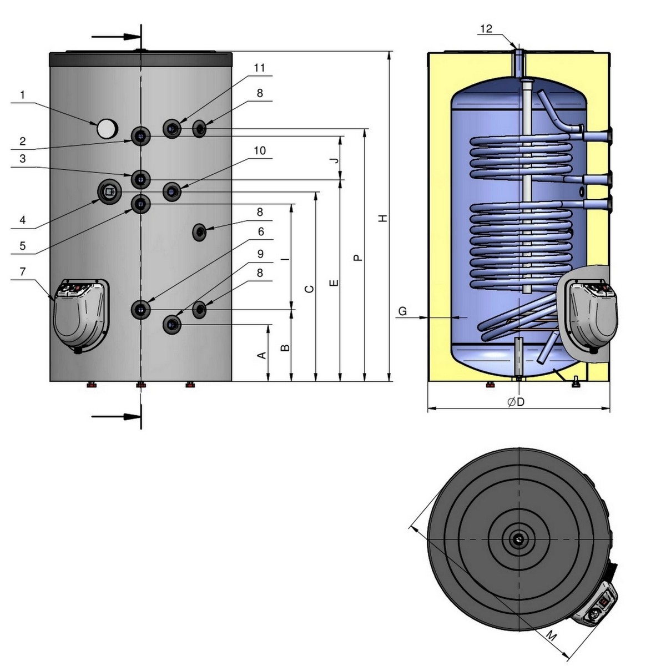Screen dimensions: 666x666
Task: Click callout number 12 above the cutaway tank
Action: click(486, 29)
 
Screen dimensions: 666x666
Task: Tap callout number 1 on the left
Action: click(22, 95)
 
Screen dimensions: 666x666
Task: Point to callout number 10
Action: click(260, 151)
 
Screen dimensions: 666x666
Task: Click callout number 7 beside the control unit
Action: click(22, 273)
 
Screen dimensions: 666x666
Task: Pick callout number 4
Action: click(22, 220)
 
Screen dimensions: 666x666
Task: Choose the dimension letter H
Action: click(382, 219)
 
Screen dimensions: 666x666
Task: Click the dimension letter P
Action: click(358, 257)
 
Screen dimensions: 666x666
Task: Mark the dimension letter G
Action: click(403, 311)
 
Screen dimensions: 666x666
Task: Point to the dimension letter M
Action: click(551, 636)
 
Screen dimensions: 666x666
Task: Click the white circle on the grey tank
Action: click(107, 129)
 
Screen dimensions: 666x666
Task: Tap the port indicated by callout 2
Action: click(140, 135)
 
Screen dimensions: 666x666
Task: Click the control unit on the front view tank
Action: click(80, 314)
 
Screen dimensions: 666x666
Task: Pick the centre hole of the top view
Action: click(518, 538)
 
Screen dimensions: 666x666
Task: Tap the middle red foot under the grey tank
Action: click(141, 385)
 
